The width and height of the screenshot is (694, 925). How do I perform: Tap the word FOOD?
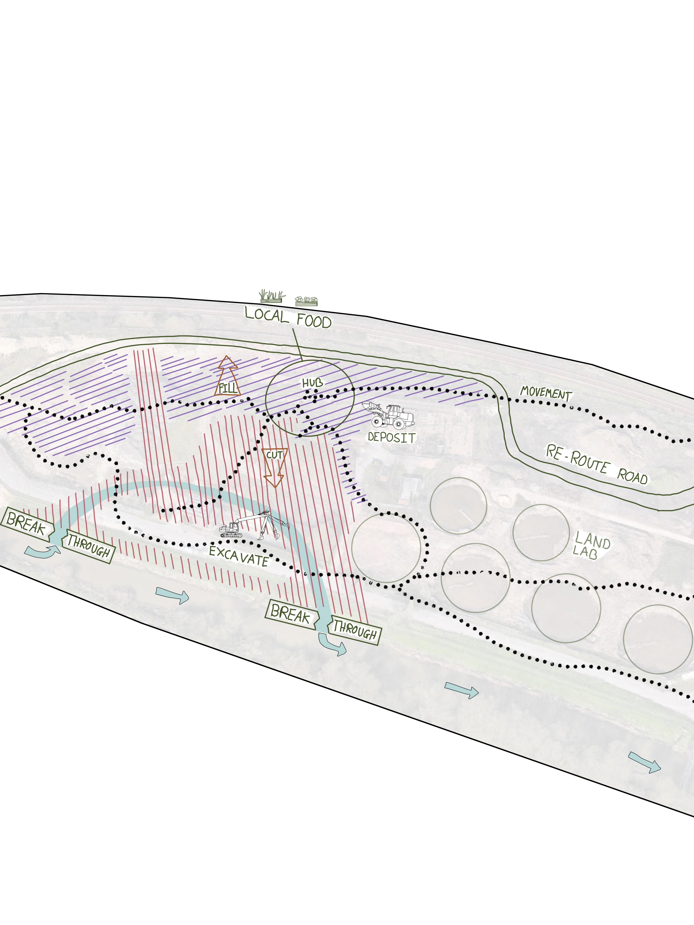click(x=314, y=321)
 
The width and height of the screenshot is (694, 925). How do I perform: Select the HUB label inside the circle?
click(x=312, y=383)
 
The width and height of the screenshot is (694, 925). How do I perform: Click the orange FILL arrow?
click(x=227, y=376)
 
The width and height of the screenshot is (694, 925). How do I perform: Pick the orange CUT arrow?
click(x=274, y=466)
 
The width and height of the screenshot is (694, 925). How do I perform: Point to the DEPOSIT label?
click(x=391, y=437)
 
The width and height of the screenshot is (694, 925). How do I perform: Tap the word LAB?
click(x=585, y=553)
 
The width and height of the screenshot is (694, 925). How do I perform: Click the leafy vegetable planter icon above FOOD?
click(x=306, y=300)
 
